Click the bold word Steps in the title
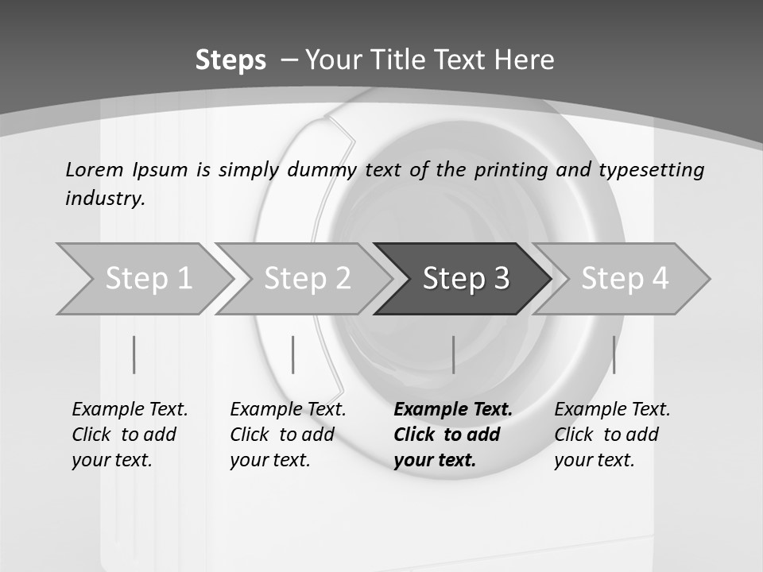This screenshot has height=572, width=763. (230, 60)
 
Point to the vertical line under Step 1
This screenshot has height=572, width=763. (134, 354)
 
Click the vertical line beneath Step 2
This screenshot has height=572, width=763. (293, 354)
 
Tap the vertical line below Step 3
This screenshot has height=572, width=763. (453, 354)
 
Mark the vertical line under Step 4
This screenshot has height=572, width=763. (614, 354)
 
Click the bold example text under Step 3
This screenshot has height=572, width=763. (452, 435)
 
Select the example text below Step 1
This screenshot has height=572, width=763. (130, 435)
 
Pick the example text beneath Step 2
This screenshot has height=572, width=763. (288, 435)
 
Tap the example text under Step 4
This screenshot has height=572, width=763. (612, 435)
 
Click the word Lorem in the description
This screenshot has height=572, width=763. (95, 170)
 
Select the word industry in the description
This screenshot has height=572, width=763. (104, 199)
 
